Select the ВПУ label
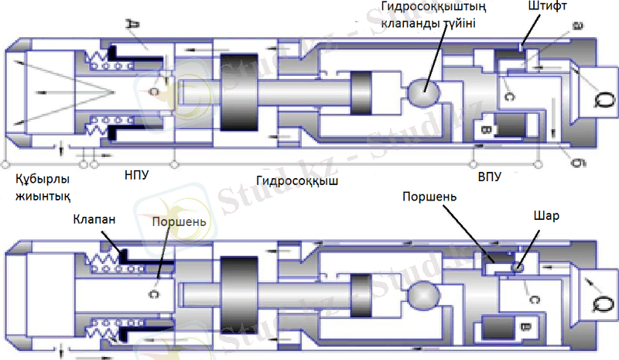489,177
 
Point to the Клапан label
94,219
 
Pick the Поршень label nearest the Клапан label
179,222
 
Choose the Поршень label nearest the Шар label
429,197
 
